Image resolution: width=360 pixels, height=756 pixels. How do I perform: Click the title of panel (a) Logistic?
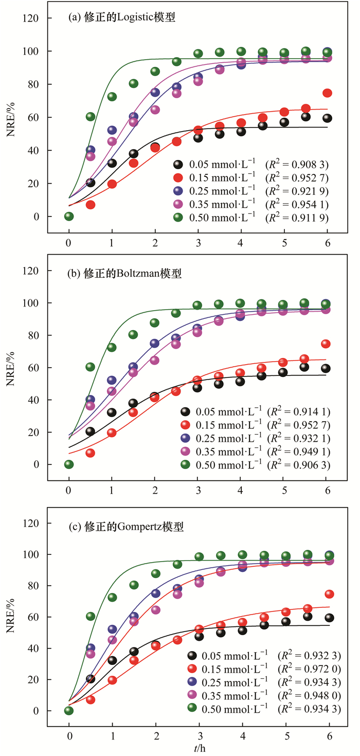122,17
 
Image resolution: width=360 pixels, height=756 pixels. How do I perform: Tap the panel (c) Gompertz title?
126,527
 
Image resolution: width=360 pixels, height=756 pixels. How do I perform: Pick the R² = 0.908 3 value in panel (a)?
297,165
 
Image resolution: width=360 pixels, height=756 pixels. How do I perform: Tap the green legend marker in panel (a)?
178,218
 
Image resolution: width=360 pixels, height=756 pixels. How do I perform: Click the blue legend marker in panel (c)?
192,682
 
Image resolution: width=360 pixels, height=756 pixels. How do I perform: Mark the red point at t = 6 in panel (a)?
327,93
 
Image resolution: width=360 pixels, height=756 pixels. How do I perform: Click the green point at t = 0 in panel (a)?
69,217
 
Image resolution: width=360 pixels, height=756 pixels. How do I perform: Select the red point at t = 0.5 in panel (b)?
91,453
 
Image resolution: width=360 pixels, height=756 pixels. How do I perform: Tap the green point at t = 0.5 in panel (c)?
91,616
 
